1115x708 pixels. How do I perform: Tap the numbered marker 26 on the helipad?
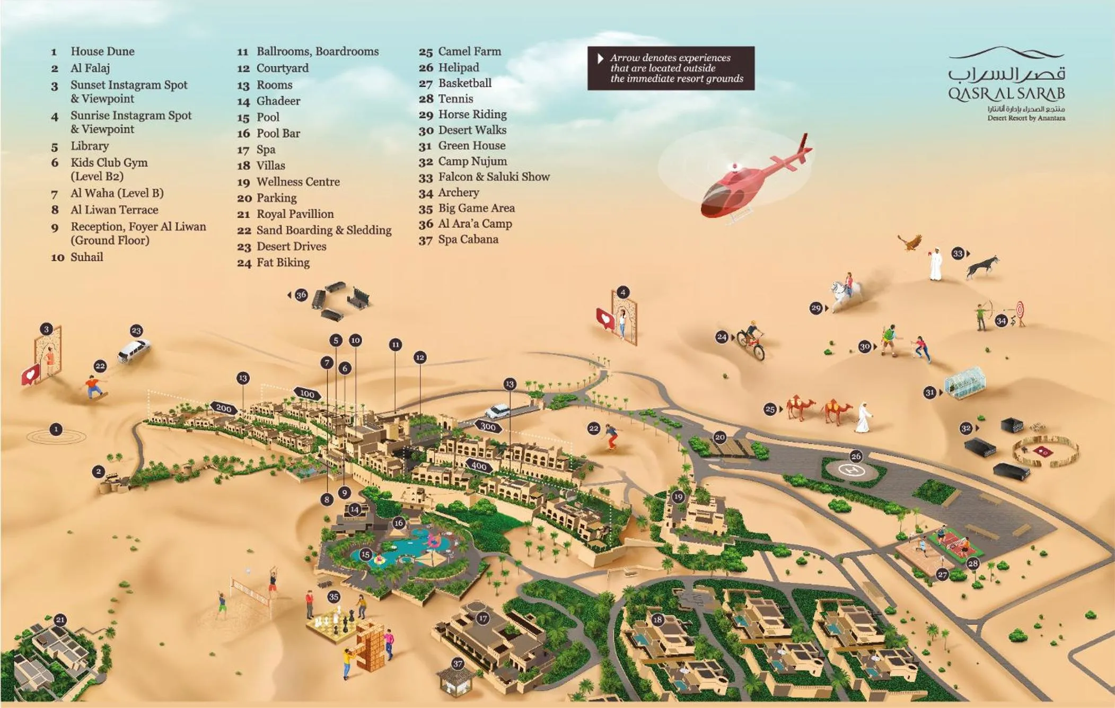(856, 456)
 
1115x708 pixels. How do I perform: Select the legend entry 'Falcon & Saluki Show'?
(494, 177)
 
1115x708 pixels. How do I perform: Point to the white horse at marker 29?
(845, 294)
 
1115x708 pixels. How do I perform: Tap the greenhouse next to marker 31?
(965, 383)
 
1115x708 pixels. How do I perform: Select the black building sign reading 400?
(479, 466)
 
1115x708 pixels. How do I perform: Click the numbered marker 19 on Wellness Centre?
(678, 497)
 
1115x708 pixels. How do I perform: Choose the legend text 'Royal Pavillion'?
(295, 214)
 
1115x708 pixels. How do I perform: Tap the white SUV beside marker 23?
(134, 350)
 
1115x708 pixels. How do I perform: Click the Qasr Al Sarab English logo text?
(1006, 94)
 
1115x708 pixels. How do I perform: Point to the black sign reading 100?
(307, 394)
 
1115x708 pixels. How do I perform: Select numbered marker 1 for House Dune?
(56, 429)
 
